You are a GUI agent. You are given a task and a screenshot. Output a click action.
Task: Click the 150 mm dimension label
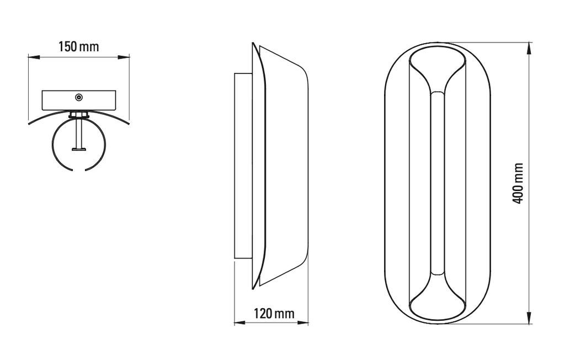[x=78, y=46]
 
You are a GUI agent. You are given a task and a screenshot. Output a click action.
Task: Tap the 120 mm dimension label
[x=274, y=313]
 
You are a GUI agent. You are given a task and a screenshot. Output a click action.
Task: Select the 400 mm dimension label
[x=518, y=183]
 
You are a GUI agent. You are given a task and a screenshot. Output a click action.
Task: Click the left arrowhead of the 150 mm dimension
[x=34, y=57]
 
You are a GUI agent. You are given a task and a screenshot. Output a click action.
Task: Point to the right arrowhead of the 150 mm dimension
[x=124, y=57]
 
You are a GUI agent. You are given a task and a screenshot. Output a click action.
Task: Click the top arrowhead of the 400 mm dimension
[x=529, y=49]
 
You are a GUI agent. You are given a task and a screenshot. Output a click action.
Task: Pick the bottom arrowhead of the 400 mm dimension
[x=529, y=317]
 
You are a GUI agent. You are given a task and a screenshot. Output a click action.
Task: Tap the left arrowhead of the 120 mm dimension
[x=240, y=322]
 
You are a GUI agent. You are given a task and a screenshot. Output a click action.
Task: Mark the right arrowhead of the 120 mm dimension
[x=303, y=322]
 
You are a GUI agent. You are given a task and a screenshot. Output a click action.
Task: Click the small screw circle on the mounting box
[x=78, y=97]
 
